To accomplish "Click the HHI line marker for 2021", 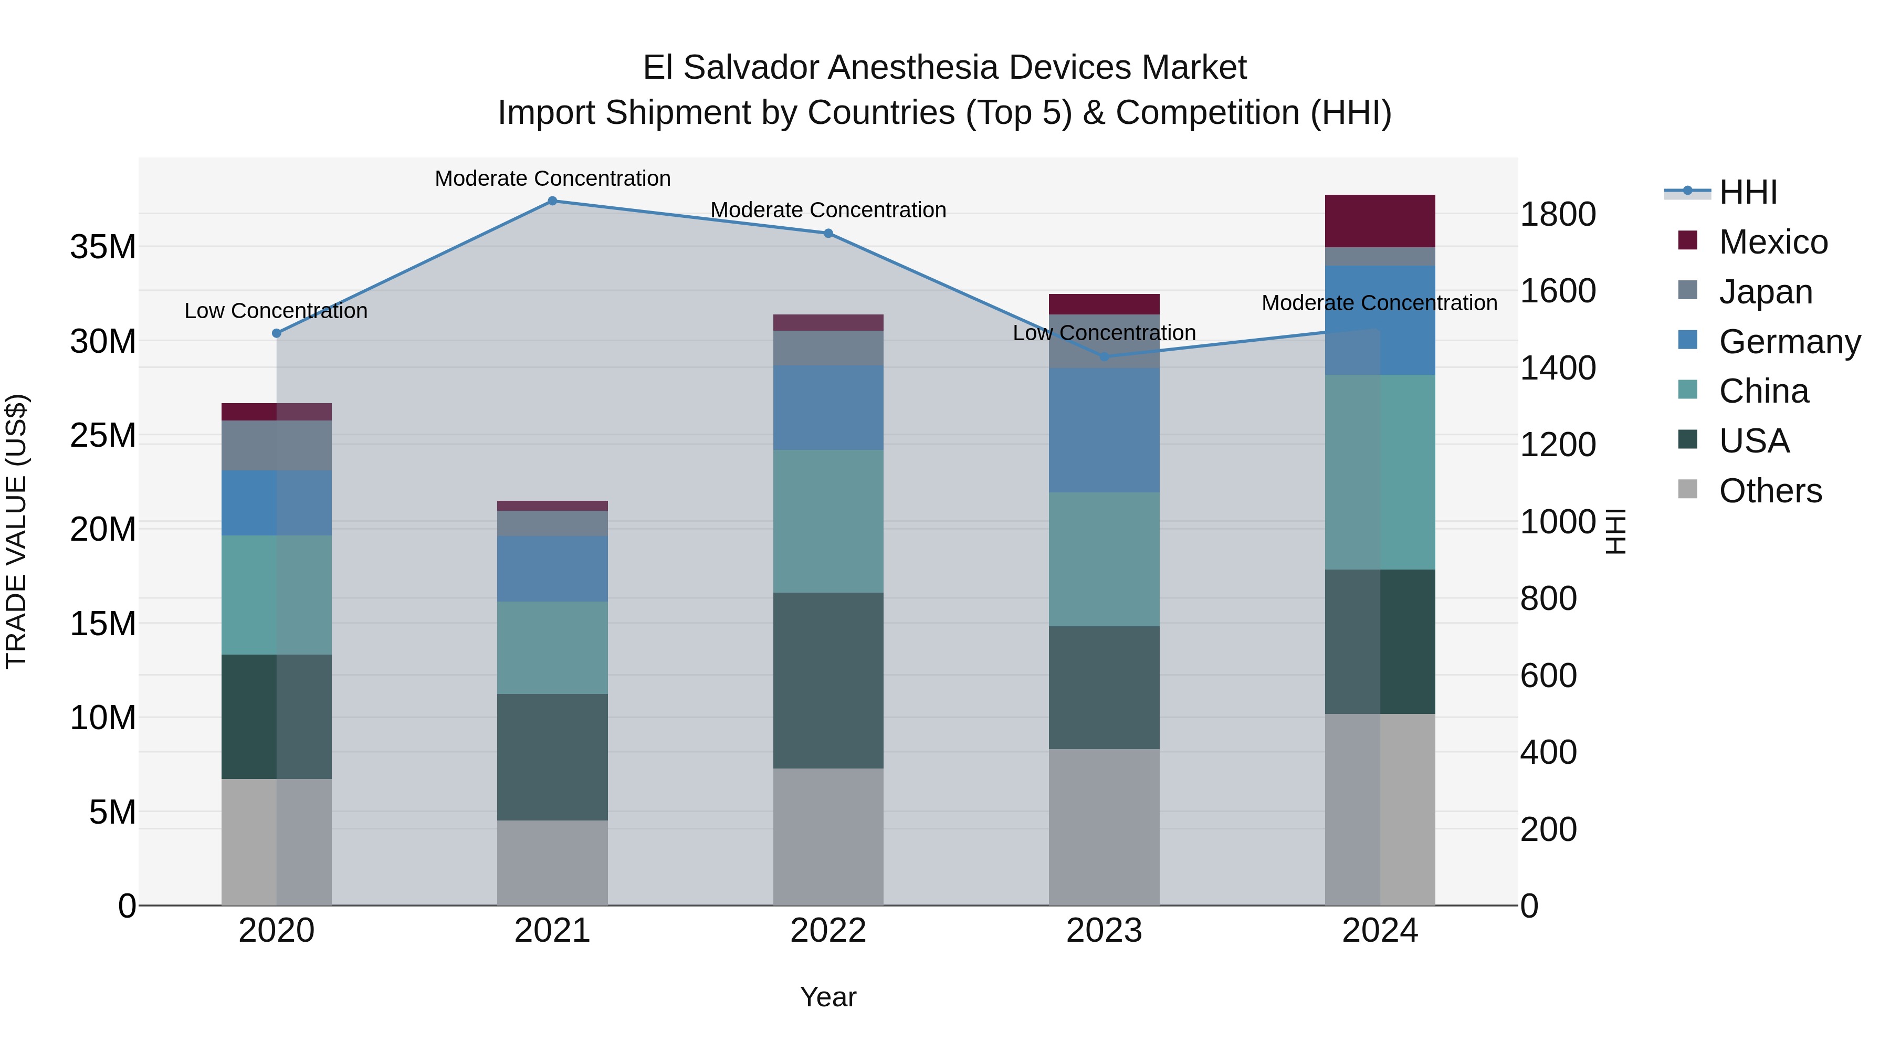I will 552,201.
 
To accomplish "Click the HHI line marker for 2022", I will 828,233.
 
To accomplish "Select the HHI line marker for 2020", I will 277,333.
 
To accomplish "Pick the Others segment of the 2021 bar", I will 552,862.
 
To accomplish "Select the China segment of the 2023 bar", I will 1104,559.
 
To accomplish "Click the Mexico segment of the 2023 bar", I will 1104,304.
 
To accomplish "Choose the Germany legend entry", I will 1789,342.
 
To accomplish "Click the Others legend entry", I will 1770,491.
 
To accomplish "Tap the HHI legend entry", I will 1748,192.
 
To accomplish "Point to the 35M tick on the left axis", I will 103,247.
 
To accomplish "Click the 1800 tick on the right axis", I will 1557,214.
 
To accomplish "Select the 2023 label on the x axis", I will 1104,931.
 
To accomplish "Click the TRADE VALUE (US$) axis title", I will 16,531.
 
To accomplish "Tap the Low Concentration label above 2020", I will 276,311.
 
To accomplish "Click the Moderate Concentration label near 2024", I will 1379,303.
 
